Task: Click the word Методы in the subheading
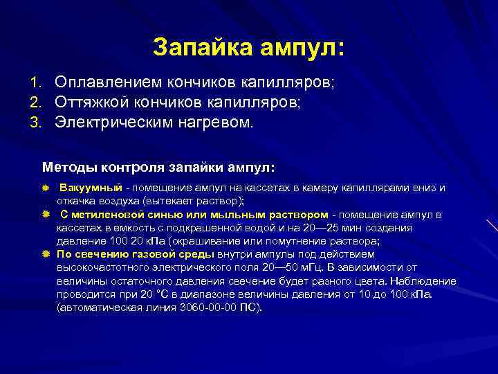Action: pos(66,167)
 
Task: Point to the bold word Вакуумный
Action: pos(91,188)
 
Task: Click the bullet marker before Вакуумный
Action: pos(46,188)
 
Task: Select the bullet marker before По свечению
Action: pos(46,255)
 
